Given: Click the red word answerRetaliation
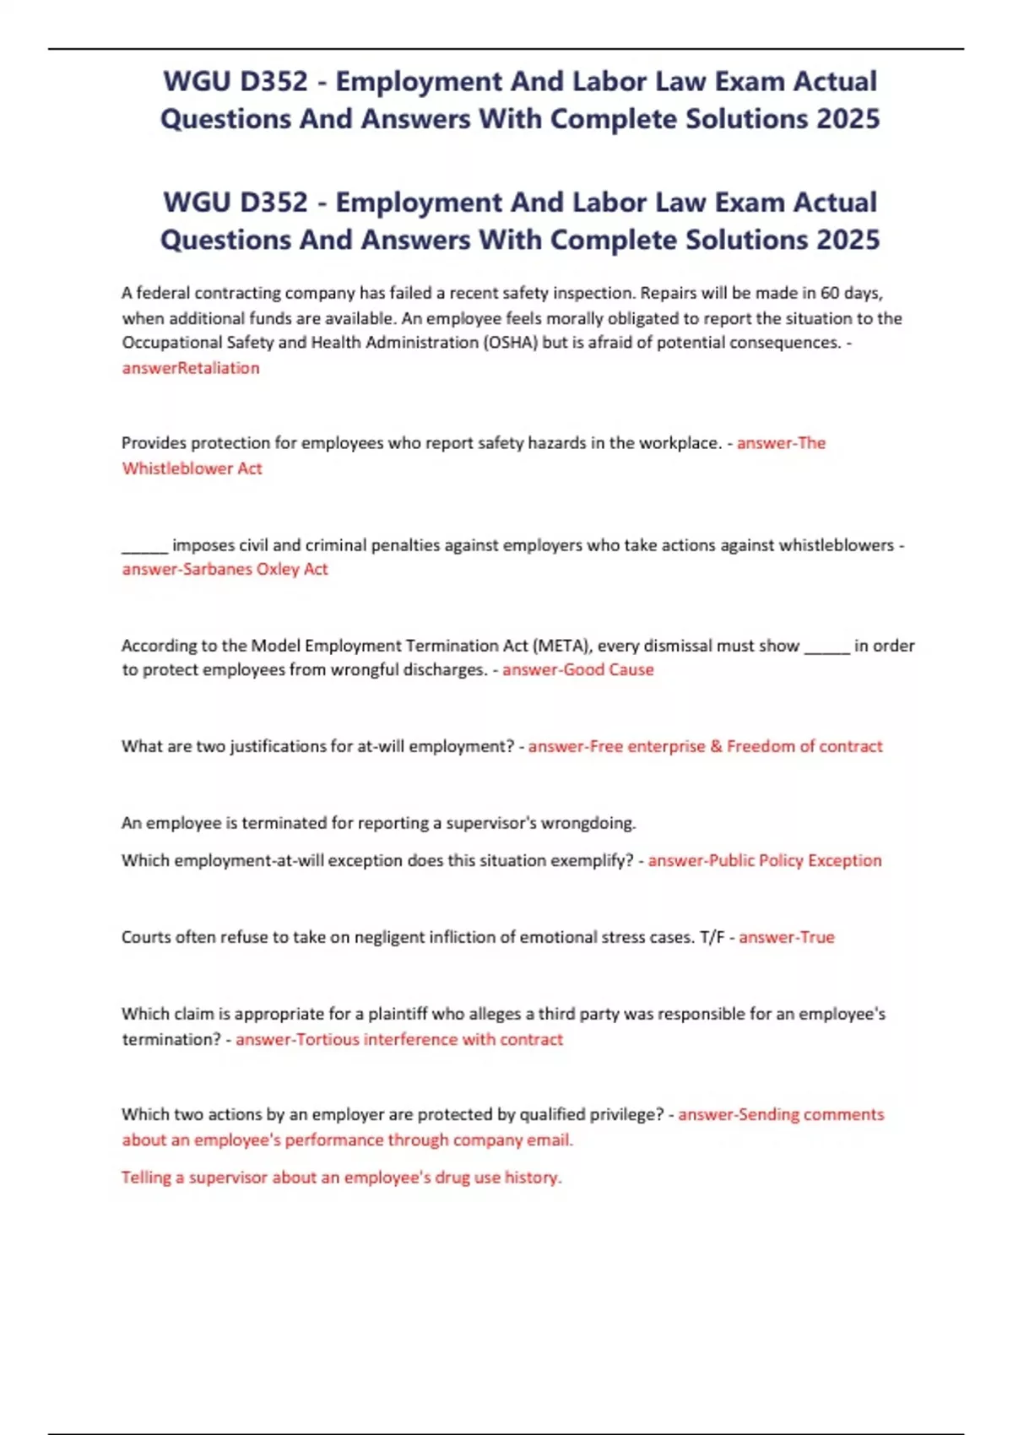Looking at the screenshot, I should pos(191,368).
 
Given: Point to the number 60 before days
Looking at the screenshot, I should pos(830,293).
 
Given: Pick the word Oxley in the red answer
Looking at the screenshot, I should pos(278,569).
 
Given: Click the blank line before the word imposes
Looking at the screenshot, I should pos(144,547).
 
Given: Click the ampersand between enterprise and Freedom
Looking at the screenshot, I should pos(716,746).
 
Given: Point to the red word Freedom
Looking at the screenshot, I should pos(760,746).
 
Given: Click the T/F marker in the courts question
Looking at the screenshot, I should pos(712,937).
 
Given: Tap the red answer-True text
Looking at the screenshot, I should pos(787,937).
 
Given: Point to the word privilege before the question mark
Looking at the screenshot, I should pos(623,1114).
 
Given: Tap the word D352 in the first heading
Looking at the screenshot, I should pos(274,81).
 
